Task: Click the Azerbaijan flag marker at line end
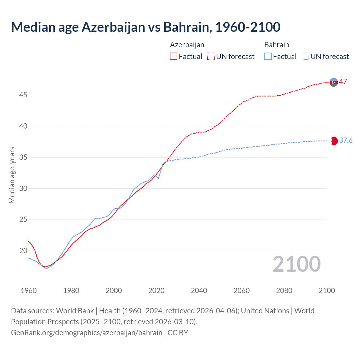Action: [334, 82]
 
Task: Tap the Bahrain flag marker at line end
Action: [334, 141]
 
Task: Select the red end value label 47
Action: [343, 82]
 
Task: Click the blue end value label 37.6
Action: [346, 140]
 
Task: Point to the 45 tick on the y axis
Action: [23, 95]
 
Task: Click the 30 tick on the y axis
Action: [23, 188]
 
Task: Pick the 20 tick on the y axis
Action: [23, 251]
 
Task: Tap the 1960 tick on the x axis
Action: [29, 291]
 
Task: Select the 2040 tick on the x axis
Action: [199, 291]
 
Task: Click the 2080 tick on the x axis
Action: [284, 291]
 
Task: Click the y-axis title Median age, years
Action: [12, 175]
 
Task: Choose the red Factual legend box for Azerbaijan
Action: [174, 57]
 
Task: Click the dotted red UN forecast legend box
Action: [211, 57]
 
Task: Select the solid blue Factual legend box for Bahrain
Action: [268, 57]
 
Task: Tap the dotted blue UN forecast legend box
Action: [305, 57]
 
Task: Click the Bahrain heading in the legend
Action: [276, 45]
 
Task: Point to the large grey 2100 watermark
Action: [296, 264]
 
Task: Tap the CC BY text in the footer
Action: [178, 333]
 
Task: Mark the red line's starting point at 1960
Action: [29, 241]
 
